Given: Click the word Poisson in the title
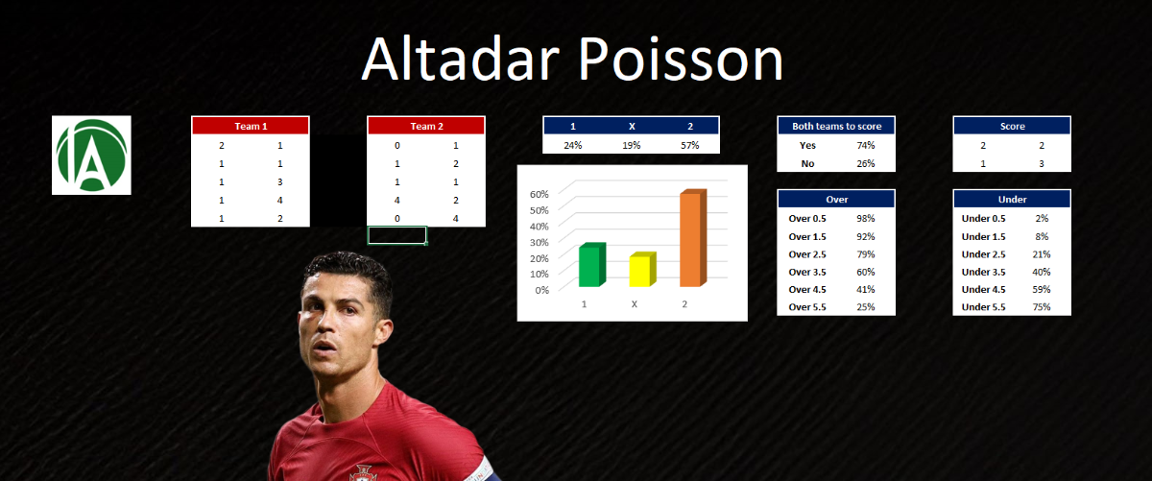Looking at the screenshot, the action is [x=681, y=60].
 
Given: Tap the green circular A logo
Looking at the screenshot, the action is [x=91, y=156].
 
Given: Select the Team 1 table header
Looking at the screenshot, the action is [x=251, y=126].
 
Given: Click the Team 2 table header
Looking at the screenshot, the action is [x=426, y=126].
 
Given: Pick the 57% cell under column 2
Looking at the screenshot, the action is [x=689, y=145].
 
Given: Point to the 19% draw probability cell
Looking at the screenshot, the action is [x=631, y=145].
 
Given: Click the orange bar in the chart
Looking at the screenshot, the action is [x=693, y=238].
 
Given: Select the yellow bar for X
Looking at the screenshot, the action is [x=643, y=269].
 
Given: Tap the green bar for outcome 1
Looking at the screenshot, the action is [x=592, y=264].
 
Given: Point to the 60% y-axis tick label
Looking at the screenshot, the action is [x=539, y=194].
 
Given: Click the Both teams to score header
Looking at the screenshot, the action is [x=836, y=126].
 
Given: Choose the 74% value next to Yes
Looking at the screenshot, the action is [x=866, y=145].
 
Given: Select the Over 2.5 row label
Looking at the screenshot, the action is [x=807, y=254].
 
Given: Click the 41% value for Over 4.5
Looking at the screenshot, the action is [x=866, y=289].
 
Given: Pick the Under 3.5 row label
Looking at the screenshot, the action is [x=983, y=272].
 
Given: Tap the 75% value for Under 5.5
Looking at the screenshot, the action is [x=1042, y=306].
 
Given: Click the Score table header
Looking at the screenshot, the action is [x=1012, y=126].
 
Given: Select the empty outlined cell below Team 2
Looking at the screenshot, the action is [x=397, y=235].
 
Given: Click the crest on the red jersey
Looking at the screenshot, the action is [x=364, y=473].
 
